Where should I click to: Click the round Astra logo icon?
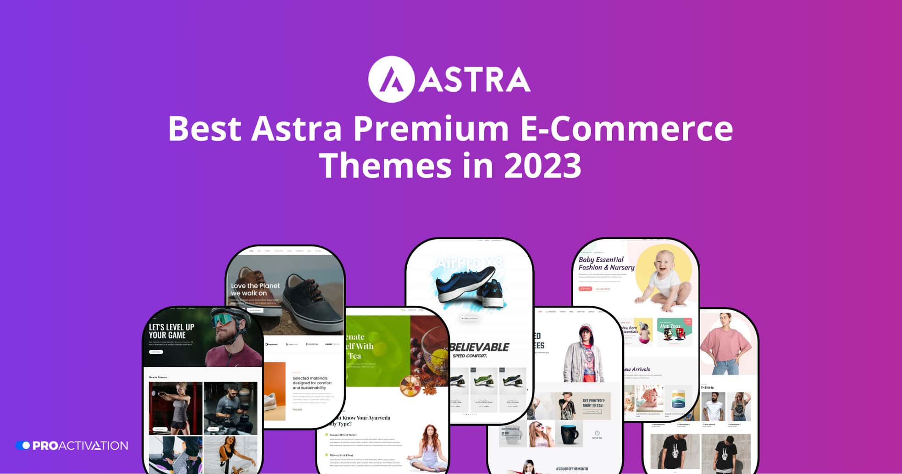(x=391, y=79)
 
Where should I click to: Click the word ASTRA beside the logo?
(x=475, y=80)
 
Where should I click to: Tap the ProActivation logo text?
(x=80, y=446)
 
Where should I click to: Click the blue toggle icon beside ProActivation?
(x=23, y=446)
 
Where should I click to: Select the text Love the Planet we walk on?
(x=255, y=289)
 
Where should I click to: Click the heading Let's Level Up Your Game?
(x=172, y=331)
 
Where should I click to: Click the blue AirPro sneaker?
(x=465, y=286)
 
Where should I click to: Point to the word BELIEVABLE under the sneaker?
(x=479, y=347)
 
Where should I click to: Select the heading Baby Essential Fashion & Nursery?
(x=606, y=264)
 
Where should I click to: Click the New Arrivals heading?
(x=636, y=369)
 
